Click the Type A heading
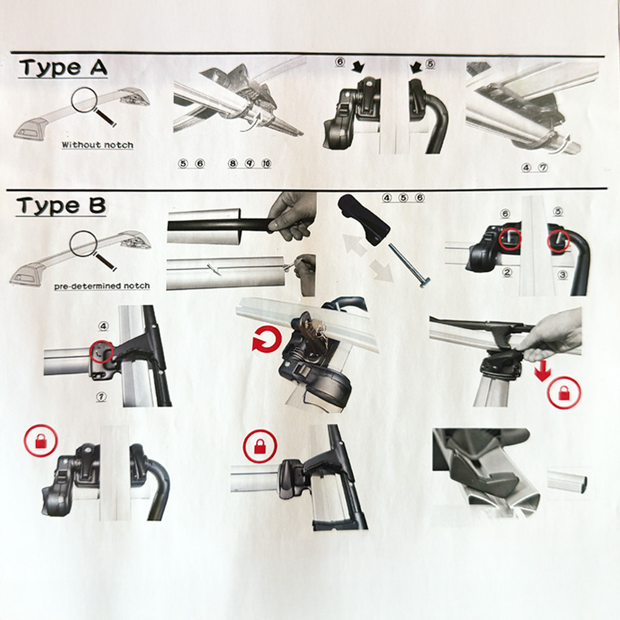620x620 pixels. pos(63,68)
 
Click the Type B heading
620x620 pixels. pos(61,206)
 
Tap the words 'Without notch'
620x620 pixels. pos(97,144)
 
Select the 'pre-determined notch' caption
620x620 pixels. pos(102,286)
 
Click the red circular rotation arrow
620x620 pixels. pos(267,340)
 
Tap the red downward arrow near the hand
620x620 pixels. pos(542,371)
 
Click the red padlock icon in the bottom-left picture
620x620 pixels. pos(41,441)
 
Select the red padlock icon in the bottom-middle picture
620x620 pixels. pos(260,446)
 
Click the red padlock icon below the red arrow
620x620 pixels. pos(564,393)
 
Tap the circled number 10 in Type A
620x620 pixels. pos(267,163)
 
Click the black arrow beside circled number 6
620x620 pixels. pos(358,66)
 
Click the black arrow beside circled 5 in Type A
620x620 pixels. pos(417,67)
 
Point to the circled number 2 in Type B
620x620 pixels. pos(507,272)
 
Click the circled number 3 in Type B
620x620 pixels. pos(562,274)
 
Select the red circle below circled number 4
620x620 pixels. pos(102,352)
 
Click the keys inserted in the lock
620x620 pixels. pos(313,336)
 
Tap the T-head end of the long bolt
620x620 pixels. pos(423,281)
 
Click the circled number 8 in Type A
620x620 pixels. pos(232,163)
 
